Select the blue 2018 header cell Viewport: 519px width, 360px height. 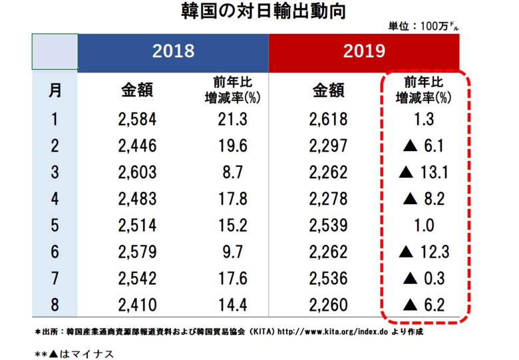click(173, 51)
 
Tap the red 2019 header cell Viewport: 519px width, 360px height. click(364, 51)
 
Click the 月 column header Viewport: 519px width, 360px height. click(56, 90)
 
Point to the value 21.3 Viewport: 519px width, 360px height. click(232, 120)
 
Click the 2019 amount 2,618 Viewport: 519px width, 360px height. click(328, 120)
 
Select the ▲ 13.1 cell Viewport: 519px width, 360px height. click(425, 172)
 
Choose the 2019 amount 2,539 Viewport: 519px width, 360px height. click(328, 224)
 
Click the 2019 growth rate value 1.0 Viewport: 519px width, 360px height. click(425, 224)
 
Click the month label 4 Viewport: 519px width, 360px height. click(56, 198)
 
